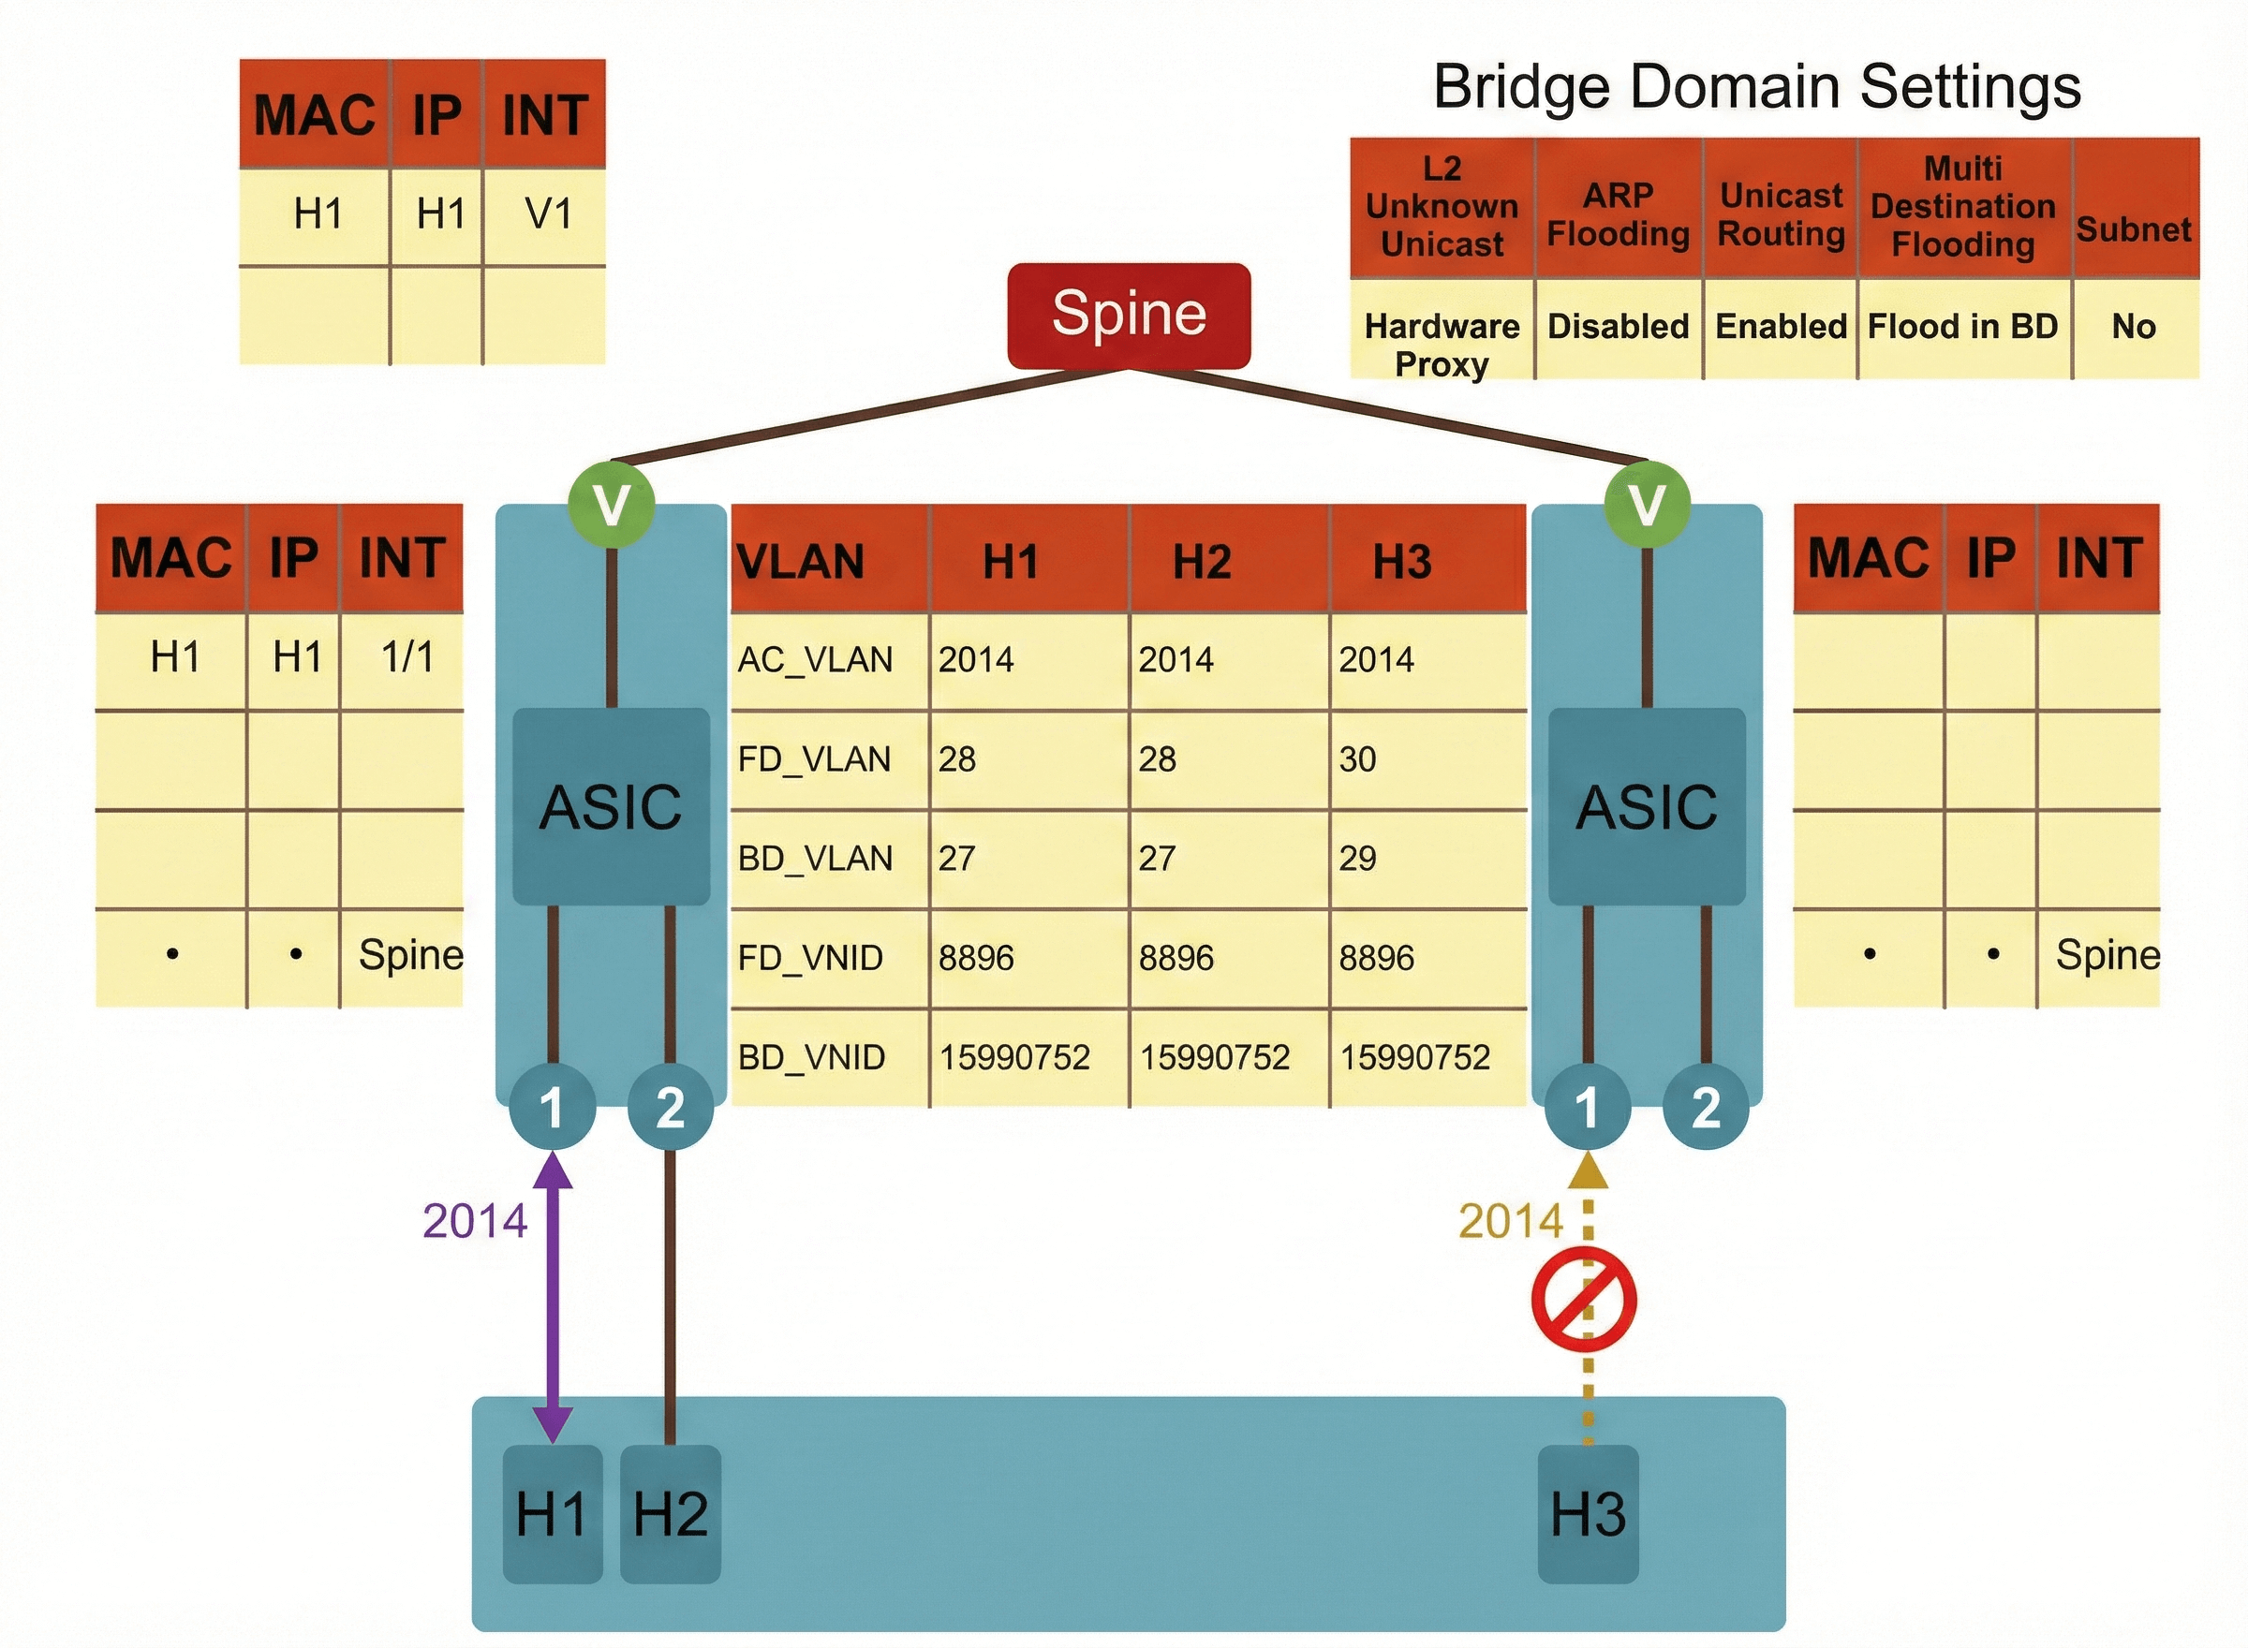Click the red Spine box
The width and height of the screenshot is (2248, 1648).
(1129, 316)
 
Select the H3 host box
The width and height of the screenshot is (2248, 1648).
(1588, 1512)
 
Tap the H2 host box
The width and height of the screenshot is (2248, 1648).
(671, 1512)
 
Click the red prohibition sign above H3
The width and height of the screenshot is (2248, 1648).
(1585, 1300)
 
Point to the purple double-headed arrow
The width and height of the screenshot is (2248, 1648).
(553, 1297)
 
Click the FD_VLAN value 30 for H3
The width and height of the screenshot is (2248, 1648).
(1358, 759)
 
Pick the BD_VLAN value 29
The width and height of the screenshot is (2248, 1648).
(1358, 858)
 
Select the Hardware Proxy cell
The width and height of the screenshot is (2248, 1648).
(1442, 345)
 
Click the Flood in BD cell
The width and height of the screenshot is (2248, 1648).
(1962, 326)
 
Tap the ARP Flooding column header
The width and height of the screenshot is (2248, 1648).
(1618, 213)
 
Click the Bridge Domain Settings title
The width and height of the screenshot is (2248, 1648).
(1756, 86)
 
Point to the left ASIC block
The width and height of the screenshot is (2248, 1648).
(611, 806)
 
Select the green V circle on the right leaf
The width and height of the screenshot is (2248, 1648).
(1647, 504)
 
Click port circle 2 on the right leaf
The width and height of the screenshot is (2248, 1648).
(1706, 1107)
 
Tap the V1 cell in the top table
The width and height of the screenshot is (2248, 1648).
(548, 213)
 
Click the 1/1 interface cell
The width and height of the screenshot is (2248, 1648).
(407, 656)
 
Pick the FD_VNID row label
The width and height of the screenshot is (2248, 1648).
(810, 958)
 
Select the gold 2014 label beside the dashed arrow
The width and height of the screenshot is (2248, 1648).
(1510, 1221)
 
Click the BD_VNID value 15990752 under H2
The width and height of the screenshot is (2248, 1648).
(1215, 1056)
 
